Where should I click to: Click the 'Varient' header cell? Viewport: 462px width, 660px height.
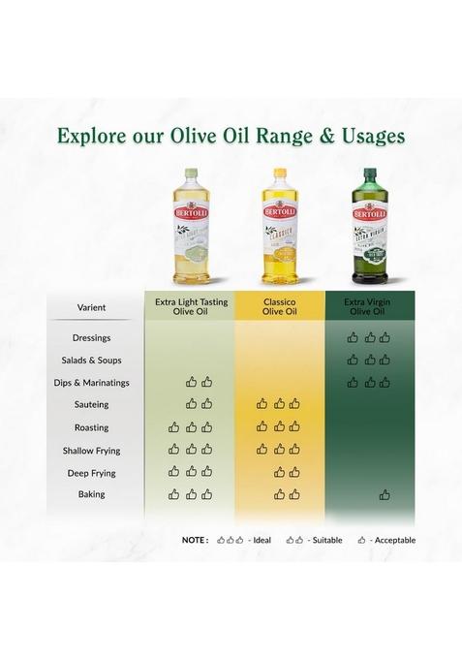pyautogui.click(x=92, y=307)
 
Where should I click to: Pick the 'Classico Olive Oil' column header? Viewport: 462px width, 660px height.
pyautogui.click(x=279, y=307)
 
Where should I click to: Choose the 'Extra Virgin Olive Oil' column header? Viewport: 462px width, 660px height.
pyautogui.click(x=368, y=307)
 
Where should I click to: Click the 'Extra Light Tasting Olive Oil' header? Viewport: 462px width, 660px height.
pyautogui.click(x=191, y=307)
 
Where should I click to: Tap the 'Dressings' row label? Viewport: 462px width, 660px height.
pyautogui.click(x=92, y=338)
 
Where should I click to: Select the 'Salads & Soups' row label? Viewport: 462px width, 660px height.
pyautogui.click(x=92, y=361)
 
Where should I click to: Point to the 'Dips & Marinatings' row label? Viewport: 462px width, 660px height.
pyautogui.click(x=92, y=383)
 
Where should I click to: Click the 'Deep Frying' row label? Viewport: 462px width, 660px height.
pyautogui.click(x=92, y=473)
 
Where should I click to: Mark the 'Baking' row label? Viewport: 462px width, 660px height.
pyautogui.click(x=92, y=494)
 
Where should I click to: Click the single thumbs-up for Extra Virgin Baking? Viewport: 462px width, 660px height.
pyautogui.click(x=385, y=494)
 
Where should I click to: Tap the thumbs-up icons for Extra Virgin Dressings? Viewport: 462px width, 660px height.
pyautogui.click(x=368, y=337)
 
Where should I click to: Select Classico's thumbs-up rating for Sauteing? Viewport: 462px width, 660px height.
pyautogui.click(x=279, y=403)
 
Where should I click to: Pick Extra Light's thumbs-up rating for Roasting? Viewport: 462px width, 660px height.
pyautogui.click(x=191, y=426)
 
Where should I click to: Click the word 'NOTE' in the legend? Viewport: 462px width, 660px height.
pyautogui.click(x=195, y=540)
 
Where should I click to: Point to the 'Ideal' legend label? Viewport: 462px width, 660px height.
pyautogui.click(x=262, y=540)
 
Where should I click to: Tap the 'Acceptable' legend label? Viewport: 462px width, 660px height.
pyautogui.click(x=396, y=540)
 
